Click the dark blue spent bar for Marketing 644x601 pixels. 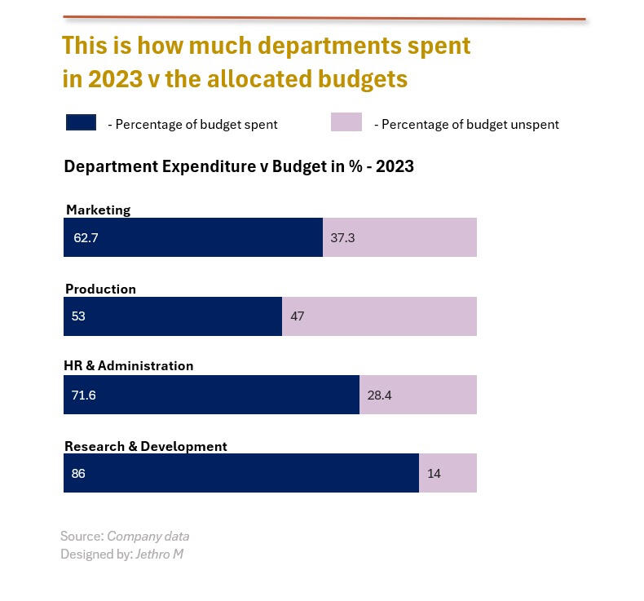193,237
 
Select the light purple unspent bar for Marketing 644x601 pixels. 399,237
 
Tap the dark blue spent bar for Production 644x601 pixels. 173,316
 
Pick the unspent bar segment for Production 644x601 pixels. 379,316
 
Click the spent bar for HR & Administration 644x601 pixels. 211,395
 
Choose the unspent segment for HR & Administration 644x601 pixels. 417,395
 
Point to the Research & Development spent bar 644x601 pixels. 241,473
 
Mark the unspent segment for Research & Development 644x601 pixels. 448,473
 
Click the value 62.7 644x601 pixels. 85,238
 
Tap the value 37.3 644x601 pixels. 342,238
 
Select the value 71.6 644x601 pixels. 84,396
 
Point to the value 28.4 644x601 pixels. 380,396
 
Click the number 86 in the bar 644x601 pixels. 78,474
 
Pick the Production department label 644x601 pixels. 100,289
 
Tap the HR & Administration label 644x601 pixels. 129,366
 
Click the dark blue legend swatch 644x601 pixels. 81,123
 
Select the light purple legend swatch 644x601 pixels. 346,123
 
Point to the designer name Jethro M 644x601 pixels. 160,555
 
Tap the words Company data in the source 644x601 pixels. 148,537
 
